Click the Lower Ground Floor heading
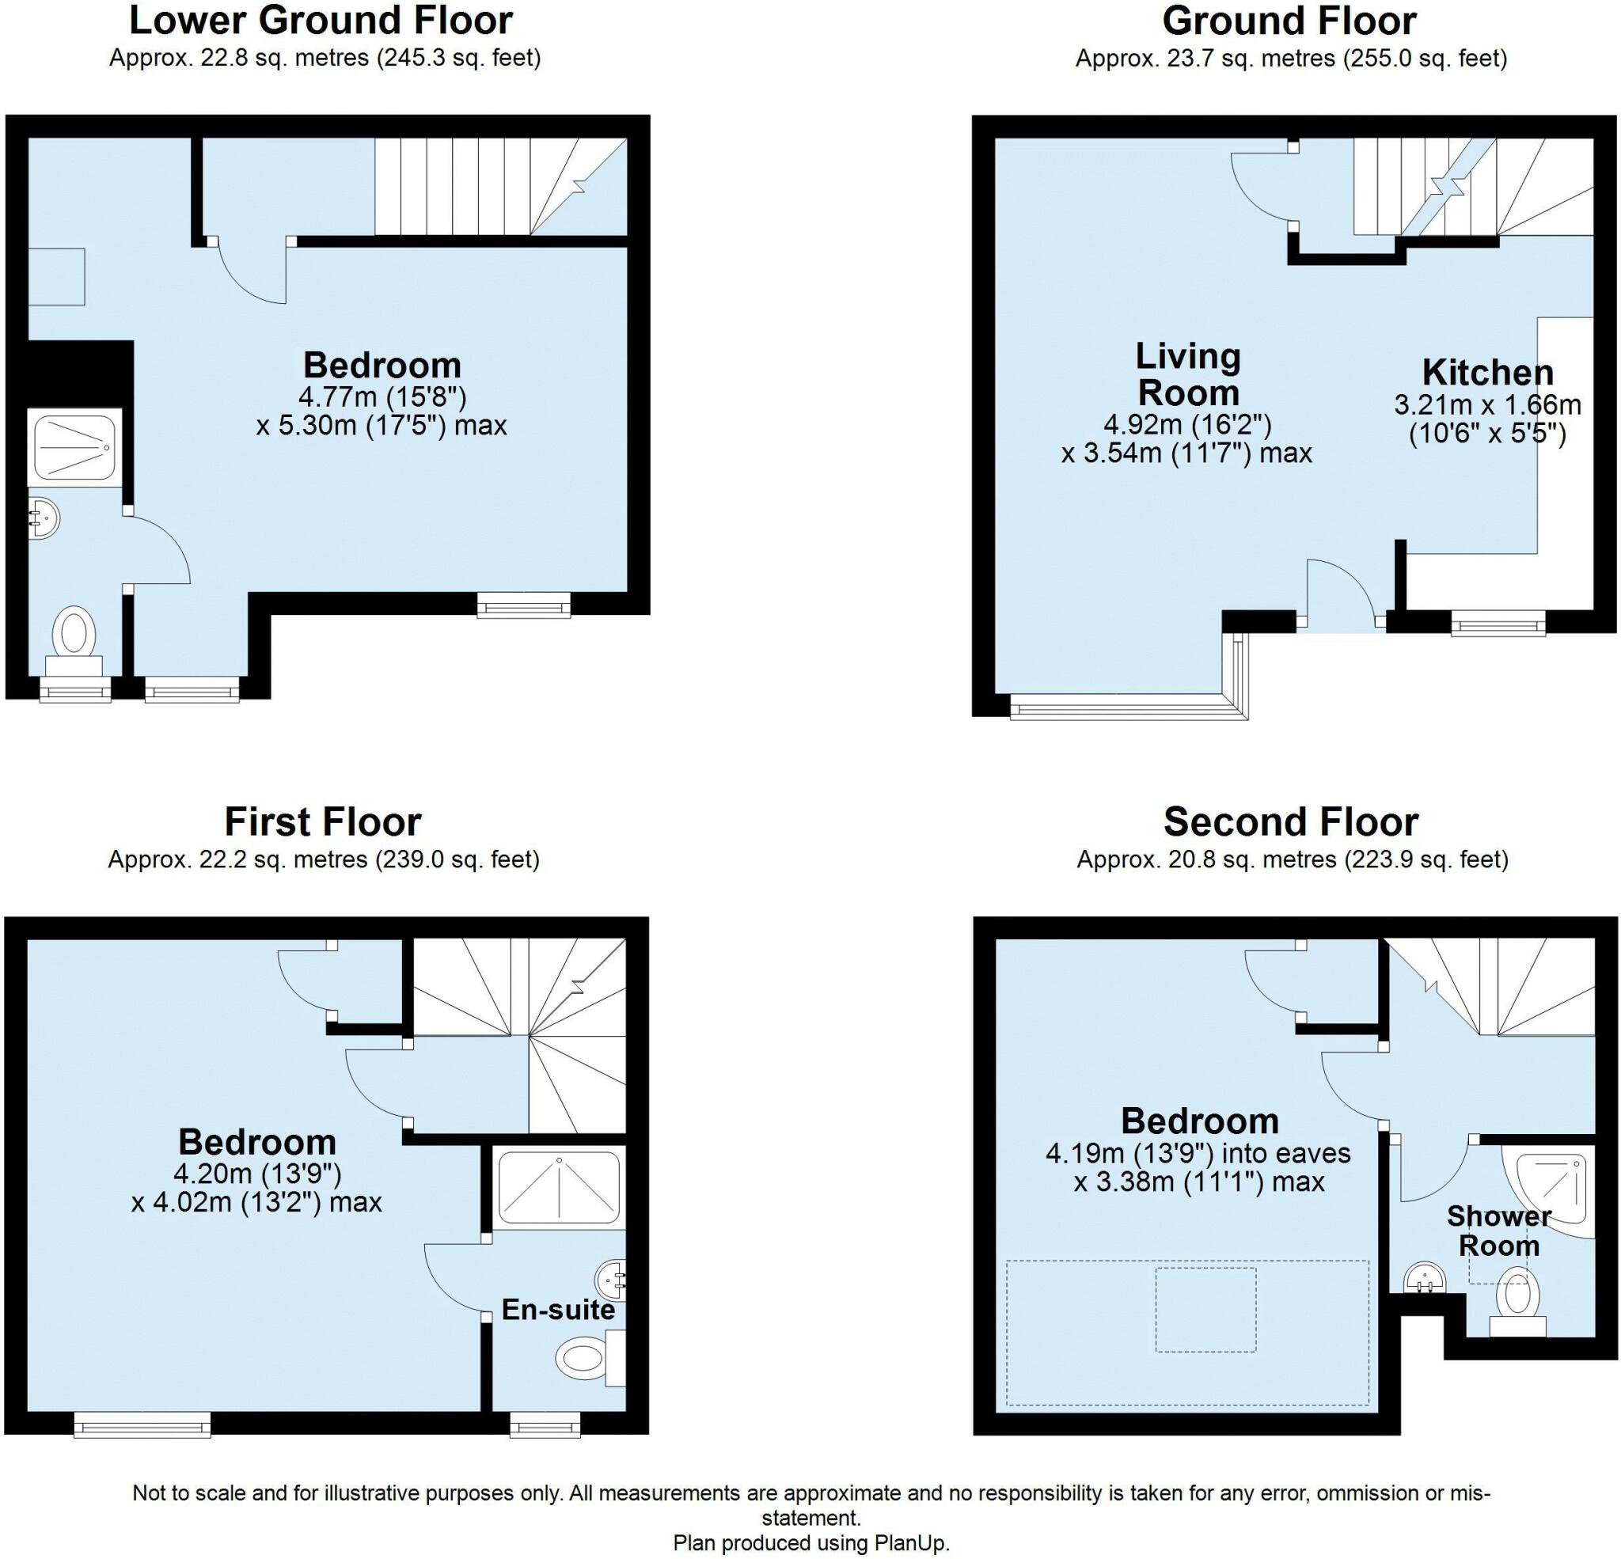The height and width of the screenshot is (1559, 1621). click(x=321, y=21)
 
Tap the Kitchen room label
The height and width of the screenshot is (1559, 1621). click(x=1487, y=373)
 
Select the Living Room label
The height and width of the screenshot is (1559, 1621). click(x=1187, y=374)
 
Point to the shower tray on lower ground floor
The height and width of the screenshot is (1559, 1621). click(x=75, y=446)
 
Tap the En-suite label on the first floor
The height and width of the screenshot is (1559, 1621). click(x=558, y=1309)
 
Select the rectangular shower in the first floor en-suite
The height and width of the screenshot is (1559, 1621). click(x=558, y=1185)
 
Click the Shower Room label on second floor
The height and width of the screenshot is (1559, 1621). click(x=1498, y=1230)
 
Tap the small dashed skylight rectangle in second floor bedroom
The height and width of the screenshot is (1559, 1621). click(x=1205, y=1309)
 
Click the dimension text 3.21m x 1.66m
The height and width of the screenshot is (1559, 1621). click(x=1487, y=405)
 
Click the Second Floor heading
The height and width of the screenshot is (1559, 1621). click(x=1291, y=822)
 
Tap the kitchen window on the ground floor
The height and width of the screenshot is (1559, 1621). click(x=1498, y=624)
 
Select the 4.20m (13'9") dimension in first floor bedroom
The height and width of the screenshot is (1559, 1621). click(x=256, y=1173)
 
